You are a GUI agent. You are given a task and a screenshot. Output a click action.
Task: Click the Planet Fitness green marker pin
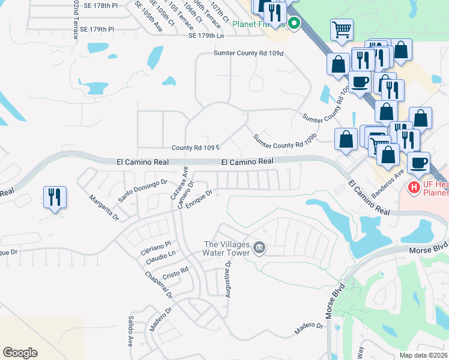pyautogui.click(x=294, y=24)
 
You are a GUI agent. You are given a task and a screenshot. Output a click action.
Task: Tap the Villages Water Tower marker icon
pyautogui.click(x=259, y=247)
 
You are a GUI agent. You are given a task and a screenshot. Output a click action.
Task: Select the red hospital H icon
pyautogui.click(x=414, y=188)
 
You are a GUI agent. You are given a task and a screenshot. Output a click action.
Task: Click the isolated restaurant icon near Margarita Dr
pyautogui.click(x=55, y=197)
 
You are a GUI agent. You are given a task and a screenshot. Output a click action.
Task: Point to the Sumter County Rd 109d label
pyautogui.click(x=248, y=53)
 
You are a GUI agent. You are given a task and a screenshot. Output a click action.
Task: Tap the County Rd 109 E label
pyautogui.click(x=196, y=148)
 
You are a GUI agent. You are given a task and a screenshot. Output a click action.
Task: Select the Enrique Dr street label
pyautogui.click(x=199, y=200)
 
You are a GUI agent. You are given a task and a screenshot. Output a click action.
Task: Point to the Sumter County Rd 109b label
pyautogui.click(x=284, y=141)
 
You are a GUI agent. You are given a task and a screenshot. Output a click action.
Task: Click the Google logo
pyautogui.click(x=20, y=352)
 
